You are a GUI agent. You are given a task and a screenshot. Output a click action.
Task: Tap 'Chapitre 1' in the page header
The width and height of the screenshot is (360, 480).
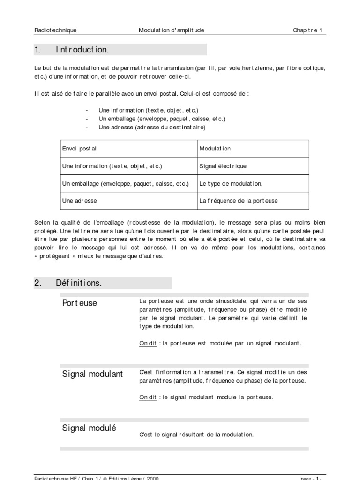[x=307, y=30]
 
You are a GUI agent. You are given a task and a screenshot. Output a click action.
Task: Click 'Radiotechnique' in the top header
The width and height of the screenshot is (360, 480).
[x=55, y=30]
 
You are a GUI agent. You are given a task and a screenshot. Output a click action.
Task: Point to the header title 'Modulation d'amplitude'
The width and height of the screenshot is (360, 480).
[x=172, y=30]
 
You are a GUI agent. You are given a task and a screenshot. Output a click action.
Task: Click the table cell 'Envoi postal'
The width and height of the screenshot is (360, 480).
[x=79, y=149]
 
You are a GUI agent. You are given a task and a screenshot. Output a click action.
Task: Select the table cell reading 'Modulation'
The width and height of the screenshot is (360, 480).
[x=215, y=149]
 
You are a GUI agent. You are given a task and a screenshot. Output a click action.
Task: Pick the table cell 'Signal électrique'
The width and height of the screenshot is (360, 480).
[x=223, y=166]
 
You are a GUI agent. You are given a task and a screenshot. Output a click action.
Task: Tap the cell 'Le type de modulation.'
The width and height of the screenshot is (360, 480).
[x=231, y=183]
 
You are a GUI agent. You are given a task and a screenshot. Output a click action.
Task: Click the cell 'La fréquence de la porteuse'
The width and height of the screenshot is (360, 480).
[x=239, y=201]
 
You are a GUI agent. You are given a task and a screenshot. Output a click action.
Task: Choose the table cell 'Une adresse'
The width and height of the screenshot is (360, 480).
[x=80, y=201]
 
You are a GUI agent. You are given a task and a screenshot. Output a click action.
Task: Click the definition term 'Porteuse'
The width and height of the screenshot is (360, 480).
[x=80, y=303]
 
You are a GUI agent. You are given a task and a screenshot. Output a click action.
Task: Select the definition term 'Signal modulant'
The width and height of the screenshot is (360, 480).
[x=92, y=374]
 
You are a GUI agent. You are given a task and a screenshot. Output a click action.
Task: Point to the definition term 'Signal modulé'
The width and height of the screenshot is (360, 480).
[x=89, y=428]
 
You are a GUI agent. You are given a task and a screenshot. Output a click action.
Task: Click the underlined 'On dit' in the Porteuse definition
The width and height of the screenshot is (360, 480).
[x=148, y=343]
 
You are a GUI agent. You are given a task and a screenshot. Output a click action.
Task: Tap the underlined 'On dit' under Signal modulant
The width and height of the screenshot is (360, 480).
[x=148, y=397]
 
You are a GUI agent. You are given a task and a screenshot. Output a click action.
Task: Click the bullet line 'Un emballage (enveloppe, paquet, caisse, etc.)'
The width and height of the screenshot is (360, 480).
[x=162, y=119]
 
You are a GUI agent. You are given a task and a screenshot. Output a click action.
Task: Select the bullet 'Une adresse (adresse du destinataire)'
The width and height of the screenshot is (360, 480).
[x=152, y=127]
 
